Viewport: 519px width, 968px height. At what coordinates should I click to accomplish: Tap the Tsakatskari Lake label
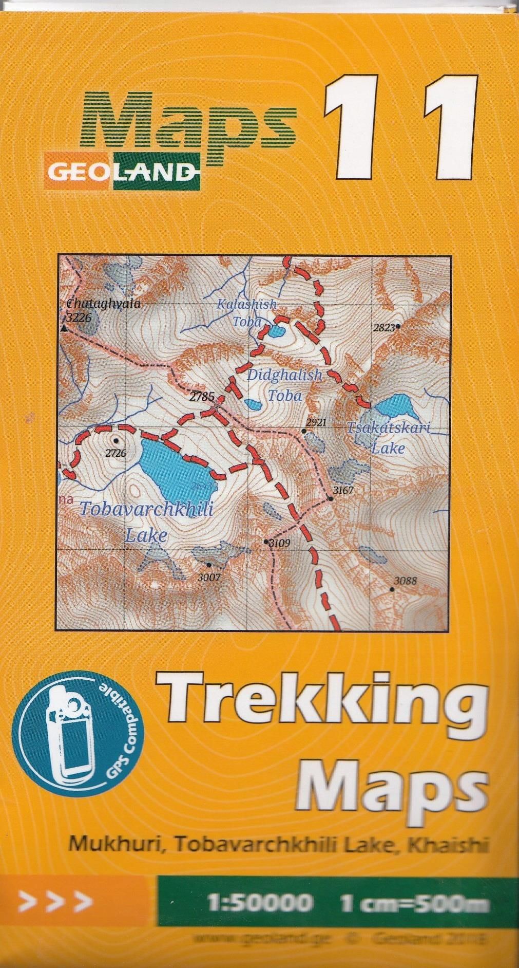[x=388, y=437]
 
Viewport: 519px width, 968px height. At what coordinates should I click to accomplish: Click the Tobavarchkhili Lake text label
[x=146, y=522]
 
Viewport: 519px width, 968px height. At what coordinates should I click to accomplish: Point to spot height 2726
[x=116, y=453]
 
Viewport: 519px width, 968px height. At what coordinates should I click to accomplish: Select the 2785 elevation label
[x=201, y=397]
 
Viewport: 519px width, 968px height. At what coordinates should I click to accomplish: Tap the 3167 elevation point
[x=343, y=490]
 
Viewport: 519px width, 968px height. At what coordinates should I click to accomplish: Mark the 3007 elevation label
[x=209, y=578]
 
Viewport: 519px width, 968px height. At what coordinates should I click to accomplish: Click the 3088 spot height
[x=405, y=582]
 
